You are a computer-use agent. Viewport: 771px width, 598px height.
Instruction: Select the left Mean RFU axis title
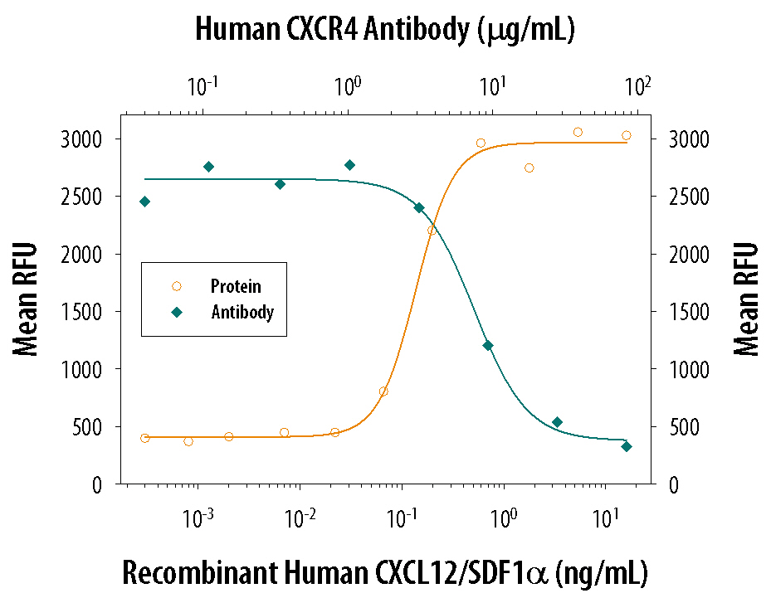point(27,299)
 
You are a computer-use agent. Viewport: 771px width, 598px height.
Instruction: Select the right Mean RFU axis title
point(747,299)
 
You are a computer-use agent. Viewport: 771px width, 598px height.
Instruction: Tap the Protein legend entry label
point(236,287)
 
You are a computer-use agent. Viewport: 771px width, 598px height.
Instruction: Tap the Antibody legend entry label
point(242,314)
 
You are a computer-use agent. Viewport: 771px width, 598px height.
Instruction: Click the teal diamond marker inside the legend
point(176,313)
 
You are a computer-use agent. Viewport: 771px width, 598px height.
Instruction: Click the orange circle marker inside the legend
point(176,286)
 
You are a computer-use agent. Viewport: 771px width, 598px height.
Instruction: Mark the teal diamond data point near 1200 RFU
point(488,345)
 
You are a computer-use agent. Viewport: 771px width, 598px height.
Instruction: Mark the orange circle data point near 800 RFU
point(383,391)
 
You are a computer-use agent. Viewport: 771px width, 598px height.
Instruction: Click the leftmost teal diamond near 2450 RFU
point(145,202)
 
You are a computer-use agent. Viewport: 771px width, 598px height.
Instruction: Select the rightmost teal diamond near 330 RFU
point(627,446)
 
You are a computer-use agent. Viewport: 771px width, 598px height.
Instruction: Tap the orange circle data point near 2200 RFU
point(432,231)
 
